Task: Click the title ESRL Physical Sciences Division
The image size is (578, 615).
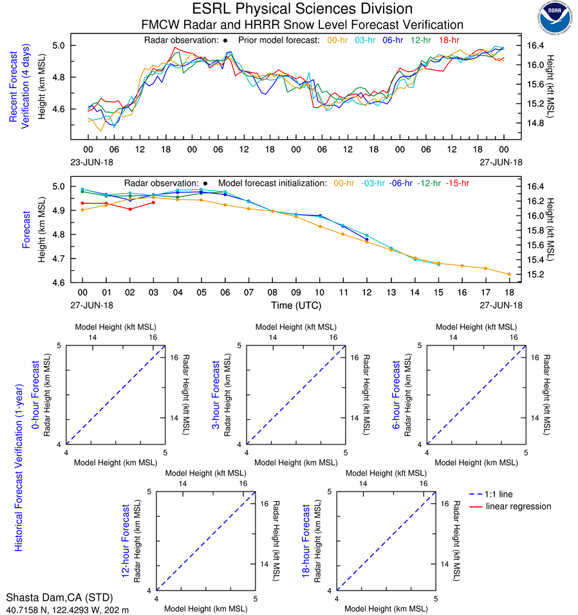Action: coord(303,9)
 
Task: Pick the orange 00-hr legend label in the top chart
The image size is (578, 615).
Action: coord(337,41)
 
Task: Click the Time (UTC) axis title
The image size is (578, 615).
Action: coord(297,305)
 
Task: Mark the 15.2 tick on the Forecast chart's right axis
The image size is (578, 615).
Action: coord(537,275)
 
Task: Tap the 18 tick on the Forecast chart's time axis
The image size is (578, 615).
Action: coord(509,293)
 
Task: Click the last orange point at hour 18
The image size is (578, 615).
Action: coord(509,274)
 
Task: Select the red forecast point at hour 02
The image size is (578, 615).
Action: coord(130,209)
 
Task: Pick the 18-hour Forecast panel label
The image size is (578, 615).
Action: coord(307,540)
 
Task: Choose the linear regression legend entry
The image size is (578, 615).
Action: coord(518,506)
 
